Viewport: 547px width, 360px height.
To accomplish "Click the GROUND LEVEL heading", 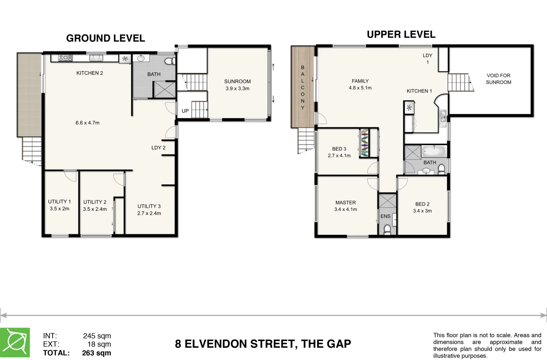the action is pos(106,38).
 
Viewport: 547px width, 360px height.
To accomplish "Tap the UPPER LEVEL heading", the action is pos(401,34).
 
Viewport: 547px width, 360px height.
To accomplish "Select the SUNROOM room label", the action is pos(238,81).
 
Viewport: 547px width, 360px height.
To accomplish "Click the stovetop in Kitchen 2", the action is pos(65,58).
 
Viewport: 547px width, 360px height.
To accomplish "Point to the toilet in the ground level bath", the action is pos(170,61).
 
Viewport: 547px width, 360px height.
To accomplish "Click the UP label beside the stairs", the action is pos(185,111).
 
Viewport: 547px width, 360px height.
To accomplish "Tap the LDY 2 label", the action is pos(159,148).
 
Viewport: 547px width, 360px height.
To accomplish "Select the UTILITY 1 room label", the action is pos(59,202).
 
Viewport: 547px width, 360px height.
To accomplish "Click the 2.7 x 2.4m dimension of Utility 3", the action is pos(149,213).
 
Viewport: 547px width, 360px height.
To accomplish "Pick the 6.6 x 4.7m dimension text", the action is pos(87,123).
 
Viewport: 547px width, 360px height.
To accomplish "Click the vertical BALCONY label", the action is pos(302,87).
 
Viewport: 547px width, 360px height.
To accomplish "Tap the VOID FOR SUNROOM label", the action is pos(498,79).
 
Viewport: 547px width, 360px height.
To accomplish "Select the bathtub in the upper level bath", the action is pos(434,151).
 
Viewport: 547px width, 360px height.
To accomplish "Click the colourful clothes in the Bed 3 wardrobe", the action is pos(364,143).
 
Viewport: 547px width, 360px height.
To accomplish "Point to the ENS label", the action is pos(385,216).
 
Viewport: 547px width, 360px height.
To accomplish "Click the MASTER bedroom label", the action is pos(345,203).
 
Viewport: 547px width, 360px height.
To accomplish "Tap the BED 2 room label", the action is pos(422,204).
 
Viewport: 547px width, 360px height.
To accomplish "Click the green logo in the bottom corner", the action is pos(15,342).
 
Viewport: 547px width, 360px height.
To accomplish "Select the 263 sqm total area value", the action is pos(97,353).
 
